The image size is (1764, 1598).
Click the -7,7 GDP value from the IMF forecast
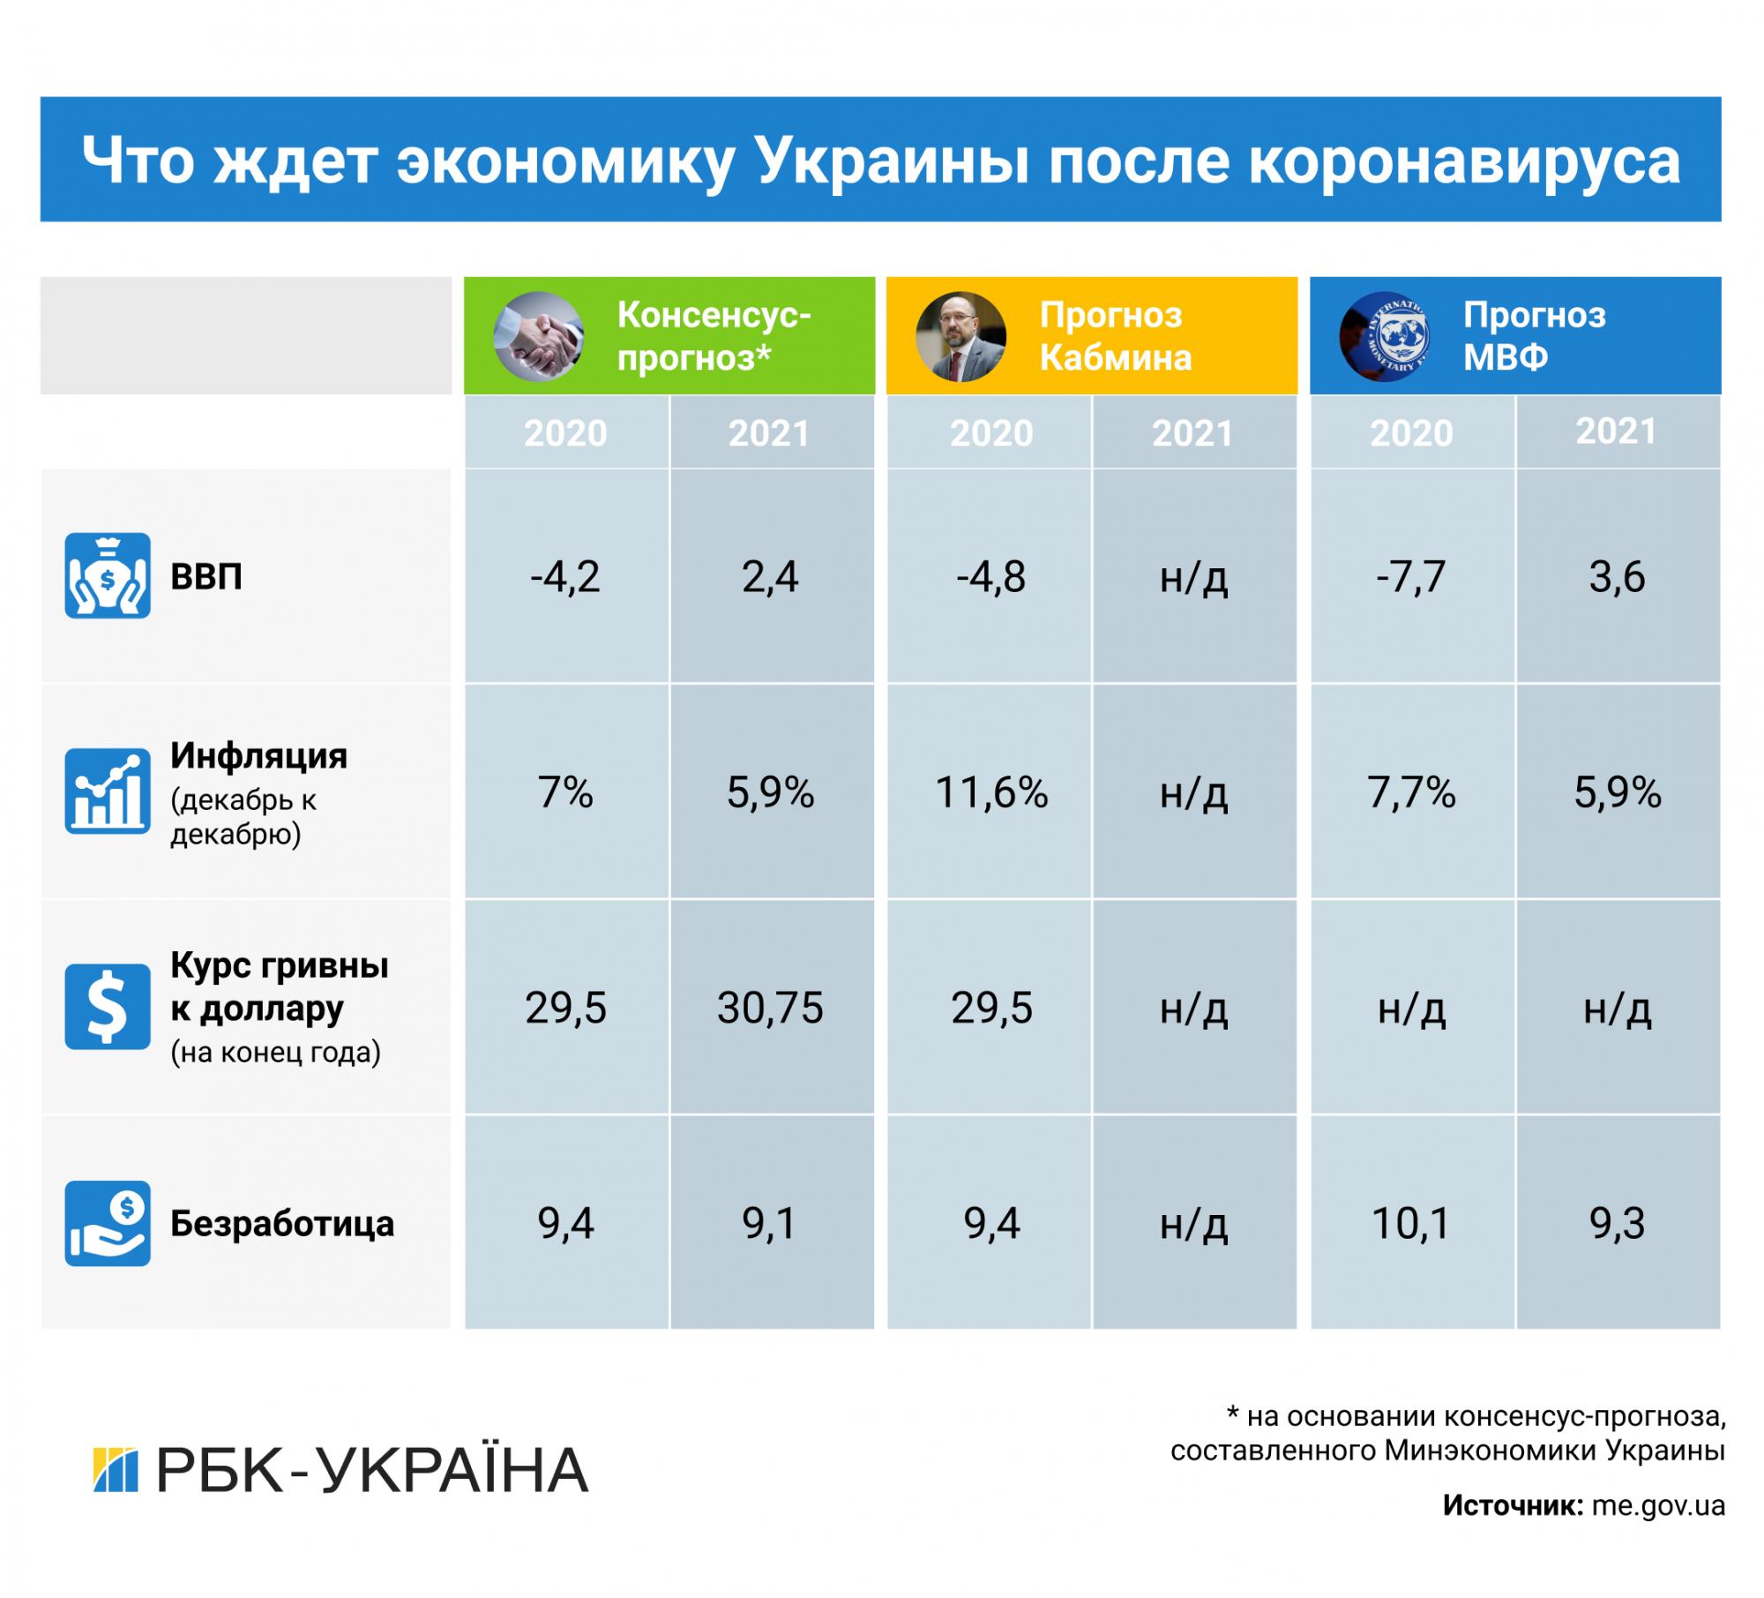(1410, 577)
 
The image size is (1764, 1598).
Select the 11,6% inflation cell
(990, 792)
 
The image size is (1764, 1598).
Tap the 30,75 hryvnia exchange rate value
(770, 1008)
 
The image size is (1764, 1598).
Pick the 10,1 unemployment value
(1410, 1224)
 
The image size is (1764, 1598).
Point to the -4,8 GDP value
(990, 577)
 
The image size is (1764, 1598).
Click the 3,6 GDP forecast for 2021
(1617, 577)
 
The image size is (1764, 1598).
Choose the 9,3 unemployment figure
(1617, 1224)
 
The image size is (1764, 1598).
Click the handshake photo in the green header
(538, 336)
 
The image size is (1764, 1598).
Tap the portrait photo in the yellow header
(960, 336)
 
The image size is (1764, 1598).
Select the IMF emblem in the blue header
(1384, 336)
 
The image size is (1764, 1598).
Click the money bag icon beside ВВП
(108, 575)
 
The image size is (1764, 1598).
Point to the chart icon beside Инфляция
(108, 791)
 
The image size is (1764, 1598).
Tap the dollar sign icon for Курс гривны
(108, 1007)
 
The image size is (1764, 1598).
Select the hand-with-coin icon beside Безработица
(108, 1223)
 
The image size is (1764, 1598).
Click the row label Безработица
(282, 1224)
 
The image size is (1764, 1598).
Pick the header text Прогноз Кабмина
(1116, 336)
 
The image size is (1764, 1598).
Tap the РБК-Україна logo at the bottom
(340, 1470)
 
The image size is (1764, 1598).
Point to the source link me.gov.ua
(1658, 1505)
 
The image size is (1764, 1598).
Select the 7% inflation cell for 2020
(565, 792)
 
